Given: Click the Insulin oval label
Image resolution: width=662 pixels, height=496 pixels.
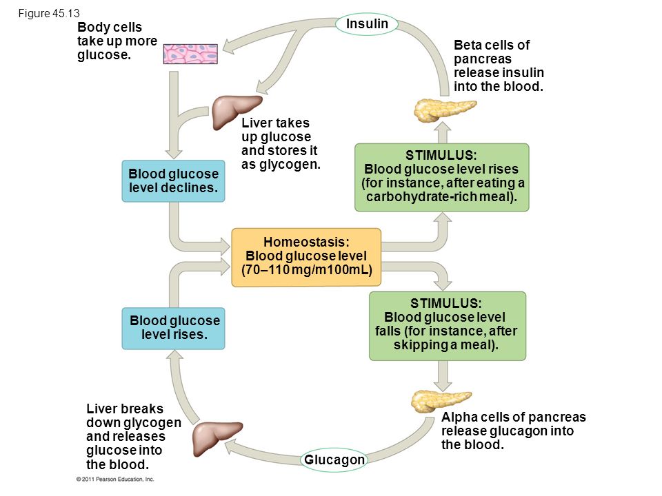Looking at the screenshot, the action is pyautogui.click(x=367, y=24).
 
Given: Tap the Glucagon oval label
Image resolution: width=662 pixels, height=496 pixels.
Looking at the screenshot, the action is pyautogui.click(x=334, y=459).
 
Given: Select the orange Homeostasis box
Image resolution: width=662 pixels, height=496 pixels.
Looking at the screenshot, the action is pyautogui.click(x=306, y=257).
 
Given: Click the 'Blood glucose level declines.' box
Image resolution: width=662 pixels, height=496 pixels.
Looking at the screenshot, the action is pyautogui.click(x=174, y=181).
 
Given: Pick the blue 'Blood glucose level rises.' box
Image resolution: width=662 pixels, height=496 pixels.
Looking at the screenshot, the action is pyautogui.click(x=174, y=328).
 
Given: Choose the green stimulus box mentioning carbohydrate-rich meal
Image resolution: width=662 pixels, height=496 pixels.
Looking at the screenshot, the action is pyautogui.click(x=441, y=177).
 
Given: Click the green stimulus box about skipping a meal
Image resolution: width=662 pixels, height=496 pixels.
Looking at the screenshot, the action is pyautogui.click(x=448, y=326).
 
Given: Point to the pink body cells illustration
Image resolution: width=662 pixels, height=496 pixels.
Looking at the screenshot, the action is pyautogui.click(x=190, y=54).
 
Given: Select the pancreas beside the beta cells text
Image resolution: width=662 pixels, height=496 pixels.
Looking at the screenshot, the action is pyautogui.click(x=443, y=110).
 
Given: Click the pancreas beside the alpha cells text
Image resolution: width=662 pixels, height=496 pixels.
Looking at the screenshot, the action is pyautogui.click(x=440, y=402).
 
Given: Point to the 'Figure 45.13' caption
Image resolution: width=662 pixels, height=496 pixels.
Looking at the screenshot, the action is pyautogui.click(x=49, y=14).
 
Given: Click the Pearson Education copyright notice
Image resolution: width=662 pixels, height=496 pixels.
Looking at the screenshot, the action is pyautogui.click(x=115, y=479).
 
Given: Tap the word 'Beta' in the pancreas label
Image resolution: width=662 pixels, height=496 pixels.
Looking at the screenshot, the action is pyautogui.click(x=468, y=45).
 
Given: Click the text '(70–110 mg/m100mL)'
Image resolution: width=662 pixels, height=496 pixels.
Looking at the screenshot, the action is pyautogui.click(x=306, y=270).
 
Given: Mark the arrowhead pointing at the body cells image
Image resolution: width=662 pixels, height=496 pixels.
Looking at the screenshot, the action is pyautogui.click(x=229, y=47).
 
